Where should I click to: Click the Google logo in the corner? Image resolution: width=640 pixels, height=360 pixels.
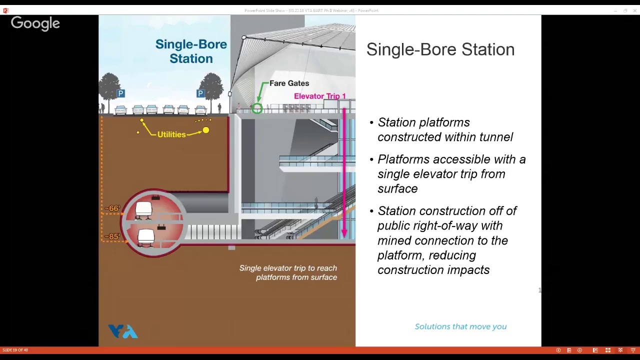pyautogui.click(x=35, y=23)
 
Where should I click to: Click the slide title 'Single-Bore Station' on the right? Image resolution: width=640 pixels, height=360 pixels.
pyautogui.click(x=440, y=49)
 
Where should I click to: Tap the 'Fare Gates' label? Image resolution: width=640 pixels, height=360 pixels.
pyautogui.click(x=289, y=83)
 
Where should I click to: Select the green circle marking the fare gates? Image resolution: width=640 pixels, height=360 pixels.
pyautogui.click(x=257, y=108)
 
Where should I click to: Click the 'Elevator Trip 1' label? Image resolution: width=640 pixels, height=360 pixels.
pyautogui.click(x=319, y=96)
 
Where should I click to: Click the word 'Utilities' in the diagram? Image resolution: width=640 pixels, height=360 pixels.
pyautogui.click(x=171, y=134)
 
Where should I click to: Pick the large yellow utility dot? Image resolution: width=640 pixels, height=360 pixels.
pyautogui.click(x=205, y=130)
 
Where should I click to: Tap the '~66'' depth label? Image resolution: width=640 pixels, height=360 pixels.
pyautogui.click(x=112, y=208)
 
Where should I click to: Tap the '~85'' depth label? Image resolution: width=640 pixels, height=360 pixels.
pyautogui.click(x=112, y=236)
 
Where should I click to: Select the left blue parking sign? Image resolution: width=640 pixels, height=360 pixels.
pyautogui.click(x=120, y=93)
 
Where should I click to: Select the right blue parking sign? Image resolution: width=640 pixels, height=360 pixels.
pyautogui.click(x=200, y=93)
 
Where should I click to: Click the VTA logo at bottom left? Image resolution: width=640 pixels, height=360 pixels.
pyautogui.click(x=122, y=331)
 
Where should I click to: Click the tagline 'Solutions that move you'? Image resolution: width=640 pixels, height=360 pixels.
pyautogui.click(x=460, y=326)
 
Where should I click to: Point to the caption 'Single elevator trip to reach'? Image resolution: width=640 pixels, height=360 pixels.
pyautogui.click(x=288, y=268)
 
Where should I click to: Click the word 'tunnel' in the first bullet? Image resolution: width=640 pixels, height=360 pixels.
pyautogui.click(x=496, y=137)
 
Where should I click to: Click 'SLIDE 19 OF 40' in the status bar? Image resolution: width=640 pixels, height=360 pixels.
pyautogui.click(x=15, y=350)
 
